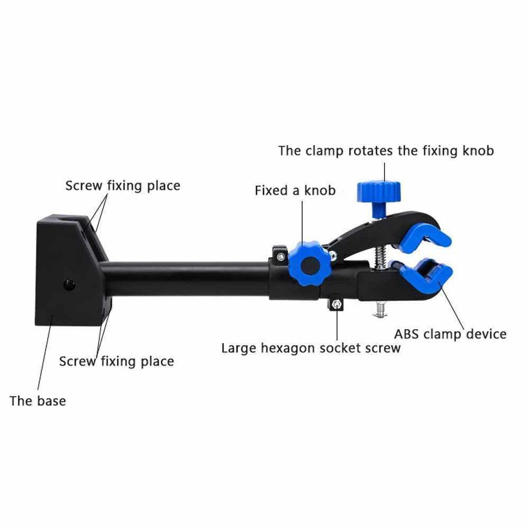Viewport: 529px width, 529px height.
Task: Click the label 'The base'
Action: (38, 400)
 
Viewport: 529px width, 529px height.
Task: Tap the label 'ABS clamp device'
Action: (450, 334)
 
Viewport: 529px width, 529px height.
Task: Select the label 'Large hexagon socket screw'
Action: (311, 348)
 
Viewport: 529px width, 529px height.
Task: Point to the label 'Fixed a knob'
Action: (295, 190)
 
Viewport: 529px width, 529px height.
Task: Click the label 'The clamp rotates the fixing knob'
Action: (386, 151)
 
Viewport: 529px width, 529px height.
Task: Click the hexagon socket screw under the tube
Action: (336, 304)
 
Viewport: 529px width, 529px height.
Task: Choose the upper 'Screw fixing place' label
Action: (123, 186)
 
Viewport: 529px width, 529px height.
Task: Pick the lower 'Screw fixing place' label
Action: (116, 361)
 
